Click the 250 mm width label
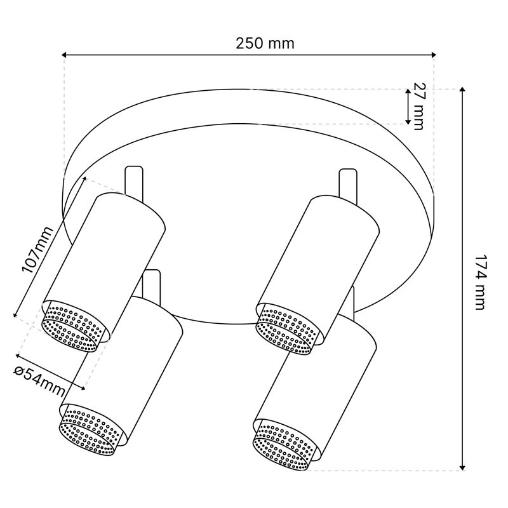(265, 43)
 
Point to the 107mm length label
(37, 250)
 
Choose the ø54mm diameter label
(39, 382)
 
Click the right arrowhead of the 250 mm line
(433, 55)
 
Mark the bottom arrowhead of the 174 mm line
(463, 467)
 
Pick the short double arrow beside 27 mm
(408, 107)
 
